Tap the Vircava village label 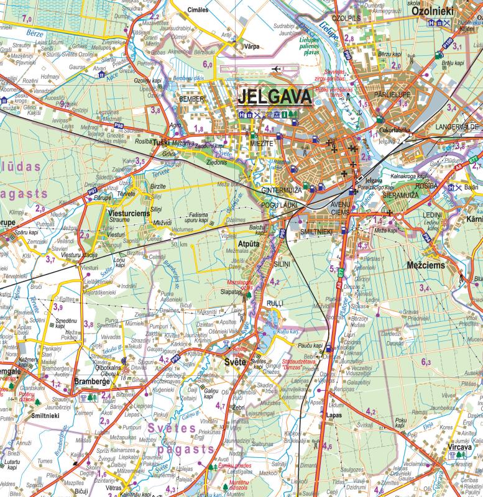click(x=461, y=446)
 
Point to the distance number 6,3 click(x=426, y=362)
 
